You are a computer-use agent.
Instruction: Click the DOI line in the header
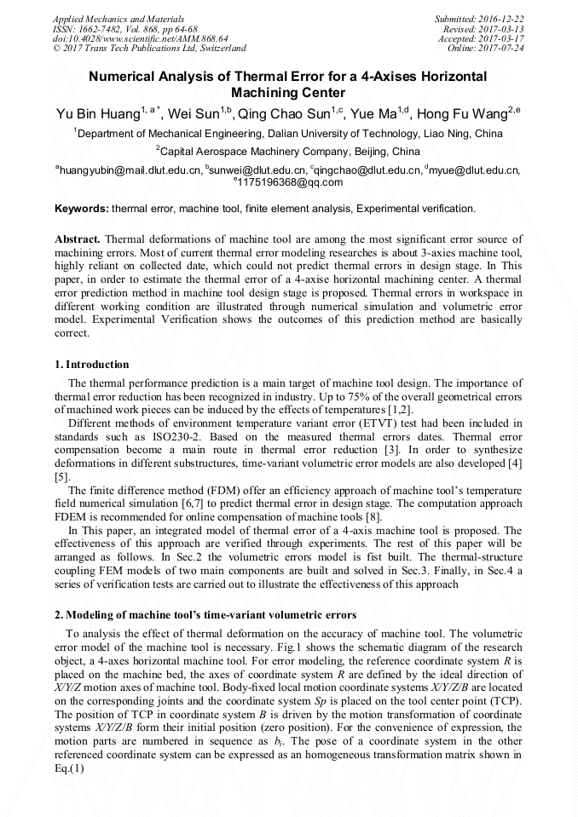click(x=141, y=38)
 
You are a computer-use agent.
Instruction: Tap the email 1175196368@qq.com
click(x=291, y=181)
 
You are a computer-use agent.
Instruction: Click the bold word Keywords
click(x=82, y=208)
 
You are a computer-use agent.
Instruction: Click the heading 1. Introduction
click(x=91, y=365)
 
